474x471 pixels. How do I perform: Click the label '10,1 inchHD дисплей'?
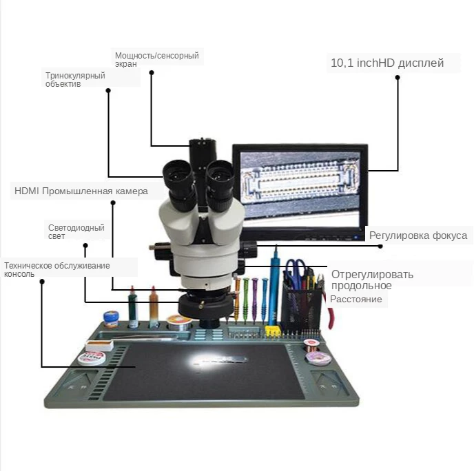coord(387,63)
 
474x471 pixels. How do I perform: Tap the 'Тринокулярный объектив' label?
coord(75,79)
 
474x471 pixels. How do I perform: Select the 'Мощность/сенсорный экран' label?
coord(156,59)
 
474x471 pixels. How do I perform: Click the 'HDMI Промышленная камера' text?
coord(81,191)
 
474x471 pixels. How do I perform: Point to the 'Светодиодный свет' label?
coord(76,231)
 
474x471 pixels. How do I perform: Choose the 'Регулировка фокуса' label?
coord(418,235)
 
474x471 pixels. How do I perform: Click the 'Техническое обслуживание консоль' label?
coord(56,269)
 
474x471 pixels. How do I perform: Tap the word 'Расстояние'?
coord(355,299)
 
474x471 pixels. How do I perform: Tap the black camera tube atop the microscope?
coord(200,153)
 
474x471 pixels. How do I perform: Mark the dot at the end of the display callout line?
coord(398,78)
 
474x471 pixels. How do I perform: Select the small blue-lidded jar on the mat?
coord(111,318)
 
